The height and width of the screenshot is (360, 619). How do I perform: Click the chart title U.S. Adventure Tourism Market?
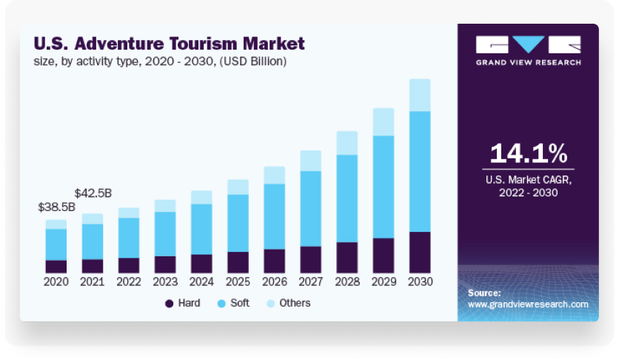pos(169,43)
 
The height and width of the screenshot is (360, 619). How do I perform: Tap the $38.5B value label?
pos(57,207)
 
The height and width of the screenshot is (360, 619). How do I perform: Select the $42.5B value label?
pos(93,193)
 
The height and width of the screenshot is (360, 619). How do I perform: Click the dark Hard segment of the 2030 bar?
pos(420,252)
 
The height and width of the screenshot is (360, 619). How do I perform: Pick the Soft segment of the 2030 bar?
pos(420,171)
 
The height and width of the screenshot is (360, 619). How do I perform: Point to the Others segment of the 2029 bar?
pos(383,121)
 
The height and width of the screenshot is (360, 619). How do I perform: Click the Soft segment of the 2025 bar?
pos(238,223)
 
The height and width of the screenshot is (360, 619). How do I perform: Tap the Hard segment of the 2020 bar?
pos(56,266)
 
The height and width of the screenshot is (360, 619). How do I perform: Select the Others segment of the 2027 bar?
pos(310,161)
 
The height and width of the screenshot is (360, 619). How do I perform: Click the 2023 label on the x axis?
pos(165,282)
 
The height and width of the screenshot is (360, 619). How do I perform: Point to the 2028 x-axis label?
pos(347,282)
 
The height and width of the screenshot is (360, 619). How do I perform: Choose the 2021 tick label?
pos(93,282)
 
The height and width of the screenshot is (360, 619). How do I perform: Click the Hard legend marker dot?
pos(169,303)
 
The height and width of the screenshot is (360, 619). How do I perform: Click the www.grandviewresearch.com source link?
pos(528,304)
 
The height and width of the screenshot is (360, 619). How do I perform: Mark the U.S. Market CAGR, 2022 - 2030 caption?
pos(528,186)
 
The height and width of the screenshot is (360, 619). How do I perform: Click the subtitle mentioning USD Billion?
pos(159,61)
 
